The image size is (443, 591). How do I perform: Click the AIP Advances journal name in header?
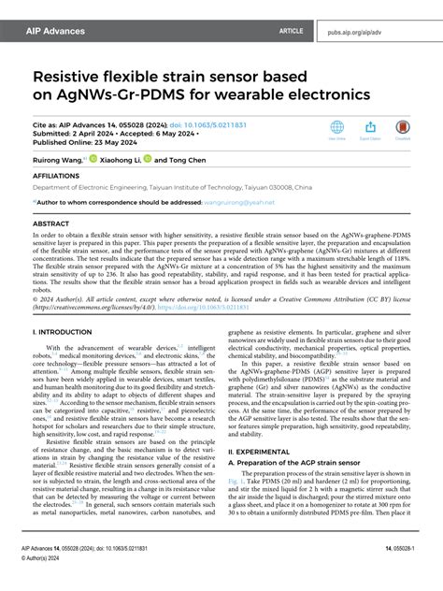click(x=58, y=31)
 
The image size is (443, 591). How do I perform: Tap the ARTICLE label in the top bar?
click(x=291, y=31)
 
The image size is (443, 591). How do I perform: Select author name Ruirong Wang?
click(x=57, y=160)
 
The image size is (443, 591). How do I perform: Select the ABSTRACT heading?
click(x=50, y=224)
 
